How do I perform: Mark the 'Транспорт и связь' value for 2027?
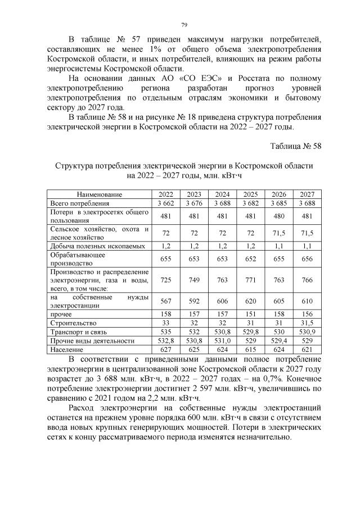(307, 332)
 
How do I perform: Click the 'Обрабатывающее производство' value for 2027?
(307, 258)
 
